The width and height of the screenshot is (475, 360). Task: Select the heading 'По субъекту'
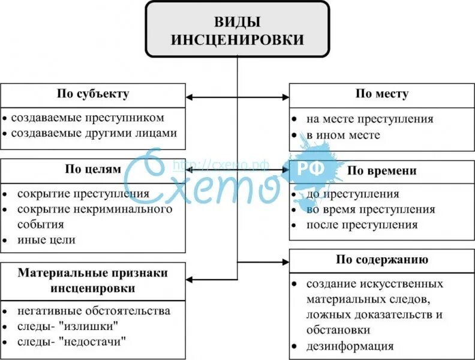93,94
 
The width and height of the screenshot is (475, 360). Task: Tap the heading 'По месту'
381,94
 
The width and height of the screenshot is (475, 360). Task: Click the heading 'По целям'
93,169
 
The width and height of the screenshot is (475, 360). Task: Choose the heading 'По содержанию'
381,260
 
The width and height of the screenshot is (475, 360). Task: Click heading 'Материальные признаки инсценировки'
93,280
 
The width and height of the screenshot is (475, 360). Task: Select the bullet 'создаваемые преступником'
88,118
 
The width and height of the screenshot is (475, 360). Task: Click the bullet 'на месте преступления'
369,119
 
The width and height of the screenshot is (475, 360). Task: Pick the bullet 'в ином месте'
343,135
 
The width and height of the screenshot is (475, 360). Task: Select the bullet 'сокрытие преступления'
83,194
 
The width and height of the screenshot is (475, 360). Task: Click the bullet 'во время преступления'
371,210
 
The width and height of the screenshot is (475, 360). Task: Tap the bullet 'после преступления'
362,226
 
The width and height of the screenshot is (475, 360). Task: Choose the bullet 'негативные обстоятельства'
94,311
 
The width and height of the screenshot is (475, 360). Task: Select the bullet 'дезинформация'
350,346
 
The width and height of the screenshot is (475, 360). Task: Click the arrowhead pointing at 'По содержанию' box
285,262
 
